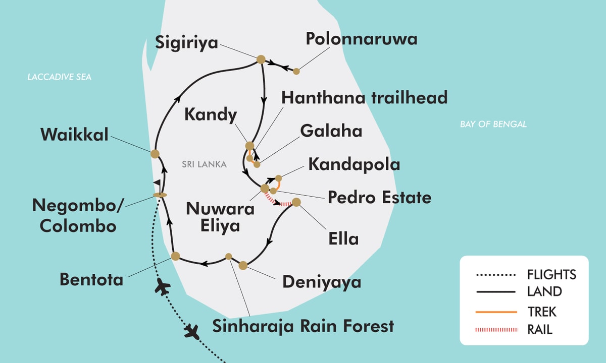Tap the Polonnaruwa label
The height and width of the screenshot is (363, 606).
(x=362, y=39)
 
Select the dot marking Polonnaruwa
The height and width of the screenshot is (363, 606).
(x=296, y=71)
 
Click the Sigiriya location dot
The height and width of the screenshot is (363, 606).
(x=261, y=59)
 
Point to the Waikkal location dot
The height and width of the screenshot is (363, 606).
(x=155, y=154)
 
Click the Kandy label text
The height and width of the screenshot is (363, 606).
(x=210, y=115)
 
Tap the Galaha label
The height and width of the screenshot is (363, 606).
(x=331, y=131)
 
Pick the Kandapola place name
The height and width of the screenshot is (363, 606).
(x=354, y=164)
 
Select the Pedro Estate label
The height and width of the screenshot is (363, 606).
(x=379, y=197)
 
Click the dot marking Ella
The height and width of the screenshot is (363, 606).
(x=296, y=202)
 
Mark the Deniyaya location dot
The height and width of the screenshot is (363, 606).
(x=243, y=265)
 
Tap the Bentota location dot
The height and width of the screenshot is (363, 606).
(x=175, y=256)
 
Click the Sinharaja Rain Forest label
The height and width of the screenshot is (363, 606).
(x=303, y=326)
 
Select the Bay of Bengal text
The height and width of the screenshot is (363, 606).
(x=493, y=124)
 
